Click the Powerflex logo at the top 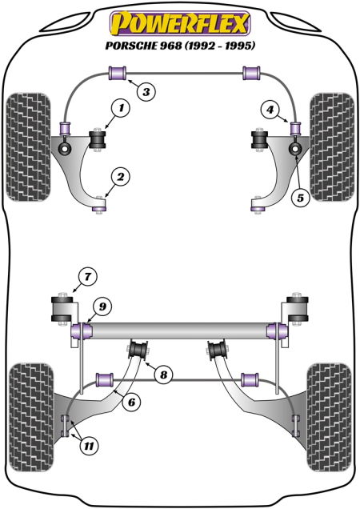pyautogui.click(x=179, y=19)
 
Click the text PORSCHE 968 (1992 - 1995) pyautogui.click(x=179, y=46)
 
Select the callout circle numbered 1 pyautogui.click(x=120, y=106)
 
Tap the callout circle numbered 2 pyautogui.click(x=120, y=175)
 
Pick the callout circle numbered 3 pyautogui.click(x=145, y=92)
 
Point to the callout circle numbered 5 pyautogui.click(x=300, y=196)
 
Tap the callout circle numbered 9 pyautogui.click(x=101, y=304)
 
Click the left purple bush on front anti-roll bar pyautogui.click(x=118, y=74)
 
